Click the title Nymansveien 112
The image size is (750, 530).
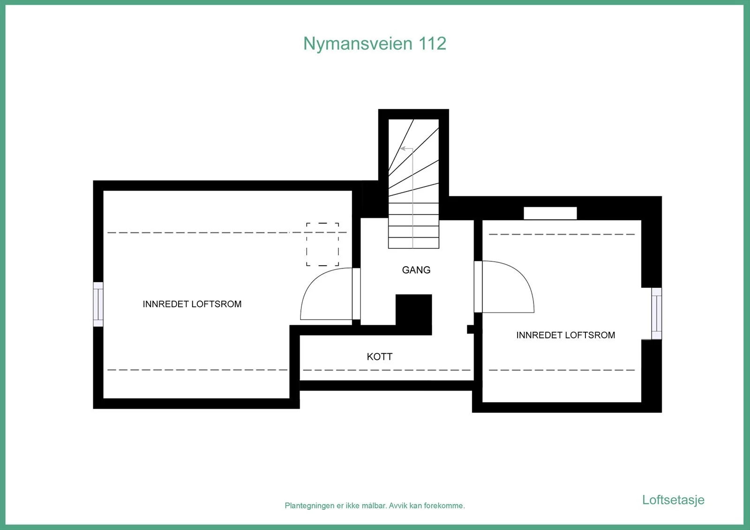(x=375, y=44)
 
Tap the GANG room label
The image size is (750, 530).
(x=416, y=270)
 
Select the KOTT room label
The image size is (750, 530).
(x=380, y=357)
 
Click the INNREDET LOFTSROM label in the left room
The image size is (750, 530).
(x=192, y=304)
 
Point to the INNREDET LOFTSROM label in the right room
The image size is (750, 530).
(x=565, y=335)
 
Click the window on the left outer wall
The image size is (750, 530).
(x=98, y=304)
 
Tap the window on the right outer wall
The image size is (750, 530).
(x=657, y=314)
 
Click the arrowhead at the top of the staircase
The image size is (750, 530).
(x=403, y=149)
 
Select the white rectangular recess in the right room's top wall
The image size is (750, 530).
(x=550, y=213)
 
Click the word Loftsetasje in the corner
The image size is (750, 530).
(x=673, y=500)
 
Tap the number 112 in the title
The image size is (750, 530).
(x=433, y=44)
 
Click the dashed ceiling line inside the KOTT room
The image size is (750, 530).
(x=387, y=370)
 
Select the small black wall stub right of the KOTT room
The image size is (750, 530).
(x=471, y=329)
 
